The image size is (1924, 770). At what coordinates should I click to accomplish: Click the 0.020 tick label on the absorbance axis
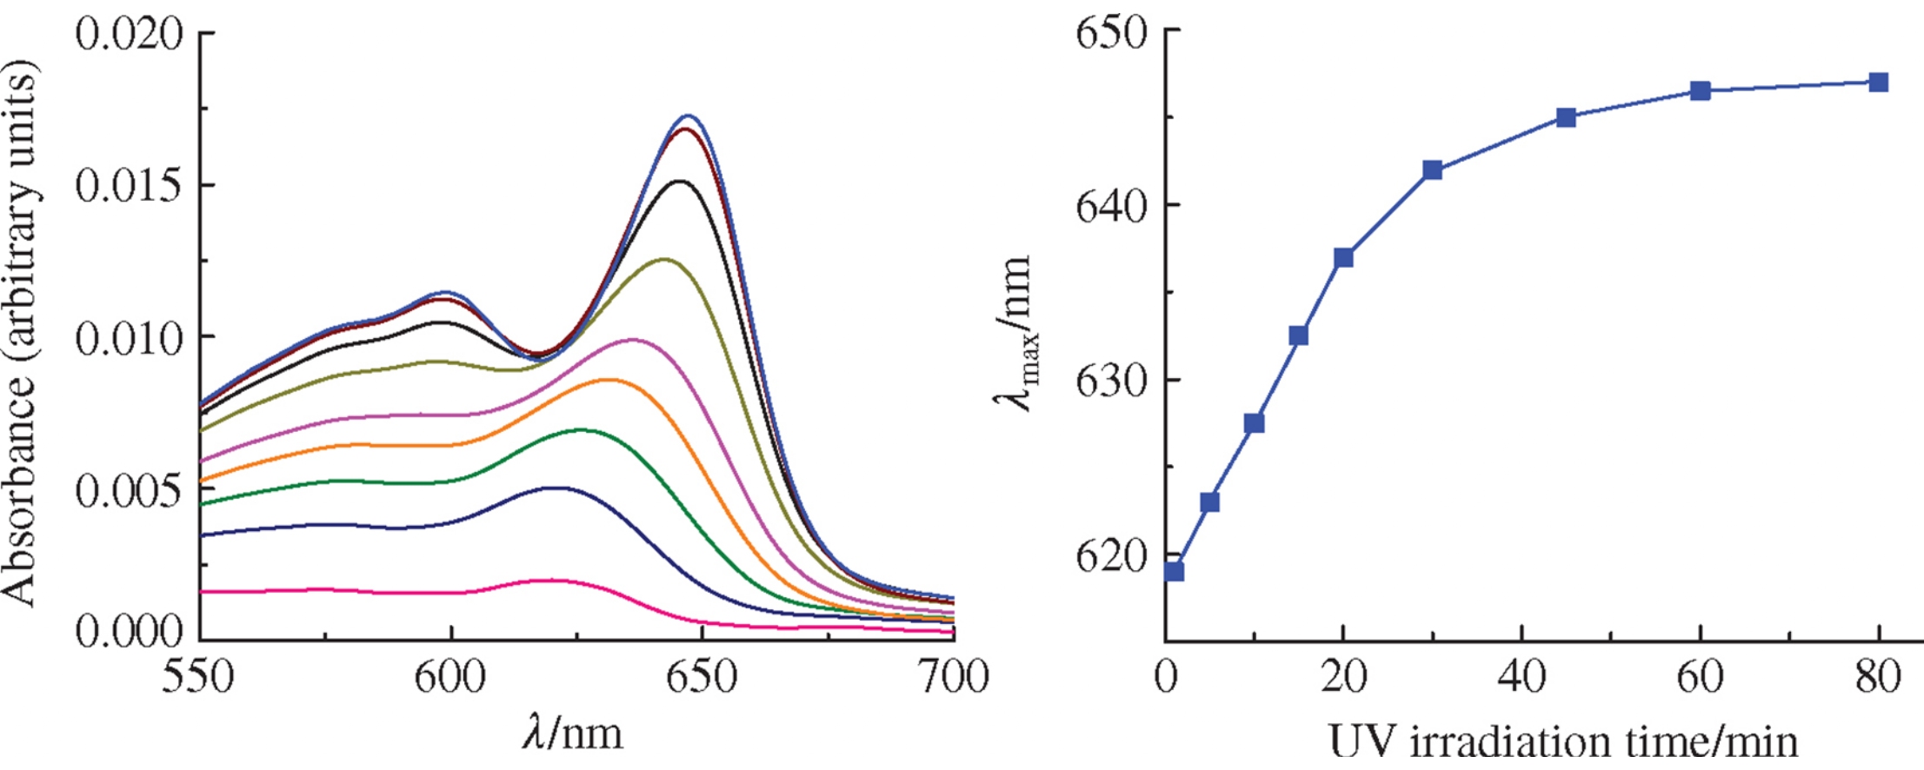130,35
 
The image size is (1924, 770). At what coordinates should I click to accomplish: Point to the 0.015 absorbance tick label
130,186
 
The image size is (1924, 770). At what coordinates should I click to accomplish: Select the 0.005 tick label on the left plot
130,491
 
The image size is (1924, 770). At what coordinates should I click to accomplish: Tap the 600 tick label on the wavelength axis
450,676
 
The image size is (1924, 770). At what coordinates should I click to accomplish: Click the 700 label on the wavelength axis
954,676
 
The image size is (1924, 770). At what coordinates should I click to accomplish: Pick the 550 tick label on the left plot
198,676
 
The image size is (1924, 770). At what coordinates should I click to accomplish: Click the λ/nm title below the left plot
573,733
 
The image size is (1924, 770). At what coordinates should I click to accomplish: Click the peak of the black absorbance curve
680,181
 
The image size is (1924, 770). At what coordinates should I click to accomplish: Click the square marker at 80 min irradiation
1878,83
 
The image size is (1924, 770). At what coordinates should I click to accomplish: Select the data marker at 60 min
1700,90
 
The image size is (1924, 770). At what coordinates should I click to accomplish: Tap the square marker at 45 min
1566,117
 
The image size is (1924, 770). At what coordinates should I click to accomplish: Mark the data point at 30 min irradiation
1432,169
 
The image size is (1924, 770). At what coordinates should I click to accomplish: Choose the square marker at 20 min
1343,257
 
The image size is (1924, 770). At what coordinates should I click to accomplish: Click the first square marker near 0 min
1175,571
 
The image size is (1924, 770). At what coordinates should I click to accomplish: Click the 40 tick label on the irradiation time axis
1521,676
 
